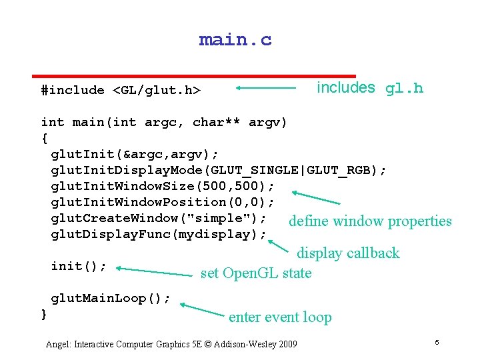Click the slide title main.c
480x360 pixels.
pos(235,40)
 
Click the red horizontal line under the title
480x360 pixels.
pos(195,76)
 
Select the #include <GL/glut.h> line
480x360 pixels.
pos(121,90)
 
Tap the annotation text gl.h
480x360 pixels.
pos(404,89)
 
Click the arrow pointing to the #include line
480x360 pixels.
pos(265,87)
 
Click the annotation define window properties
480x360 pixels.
pos(370,221)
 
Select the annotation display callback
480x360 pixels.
pos(347,253)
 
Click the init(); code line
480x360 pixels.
pos(79,266)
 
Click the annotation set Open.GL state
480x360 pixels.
pos(256,273)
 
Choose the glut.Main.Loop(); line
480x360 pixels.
pos(111,298)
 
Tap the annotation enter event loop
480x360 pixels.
pos(280,317)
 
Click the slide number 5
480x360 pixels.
pos(437,342)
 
